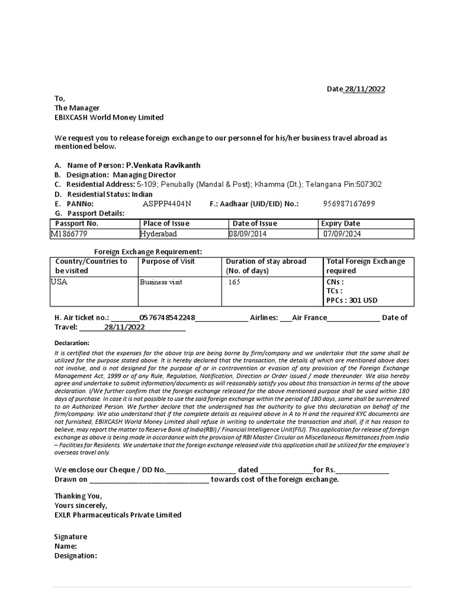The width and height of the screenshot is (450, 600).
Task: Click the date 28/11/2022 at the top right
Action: (364, 89)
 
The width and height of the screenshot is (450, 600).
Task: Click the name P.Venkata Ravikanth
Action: (163, 165)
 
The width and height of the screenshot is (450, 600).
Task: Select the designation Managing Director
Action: (144, 175)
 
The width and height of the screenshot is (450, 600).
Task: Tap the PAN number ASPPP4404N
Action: (167, 204)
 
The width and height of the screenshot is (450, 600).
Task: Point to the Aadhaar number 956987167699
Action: (349, 204)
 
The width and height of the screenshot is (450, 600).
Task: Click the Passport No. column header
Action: (77, 223)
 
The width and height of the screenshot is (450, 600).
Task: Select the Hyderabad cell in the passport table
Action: (158, 234)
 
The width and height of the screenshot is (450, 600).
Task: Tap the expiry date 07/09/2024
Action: (342, 234)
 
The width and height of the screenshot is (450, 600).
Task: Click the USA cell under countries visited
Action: (59, 282)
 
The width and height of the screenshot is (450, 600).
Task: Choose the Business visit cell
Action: (161, 282)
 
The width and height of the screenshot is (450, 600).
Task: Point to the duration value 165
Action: (234, 282)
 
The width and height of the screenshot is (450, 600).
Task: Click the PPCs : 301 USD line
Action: (352, 301)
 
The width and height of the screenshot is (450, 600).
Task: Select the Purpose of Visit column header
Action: (168, 261)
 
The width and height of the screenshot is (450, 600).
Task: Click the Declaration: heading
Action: (71, 343)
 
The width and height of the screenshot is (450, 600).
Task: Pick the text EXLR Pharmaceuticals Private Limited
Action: (118, 515)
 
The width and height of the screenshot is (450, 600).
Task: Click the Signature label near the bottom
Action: (70, 537)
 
